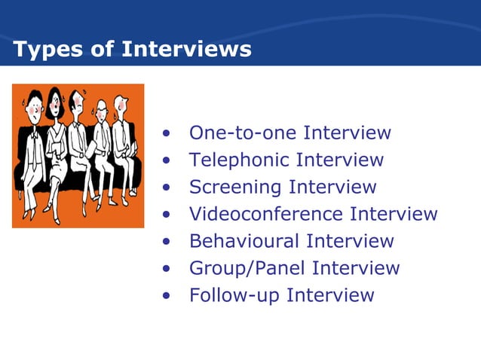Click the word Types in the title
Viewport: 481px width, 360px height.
[x=38, y=50]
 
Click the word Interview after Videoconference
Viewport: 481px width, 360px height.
[x=394, y=214]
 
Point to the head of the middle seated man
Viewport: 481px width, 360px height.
[x=78, y=105]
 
